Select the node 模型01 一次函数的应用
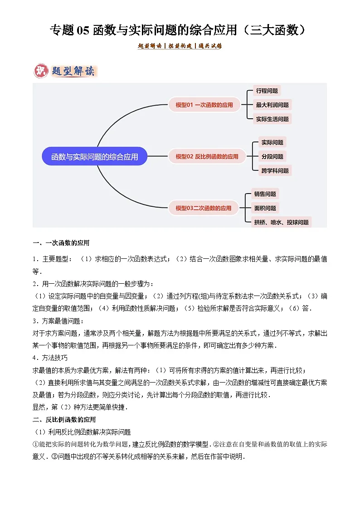(x=204, y=105)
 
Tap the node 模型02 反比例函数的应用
(x=206, y=156)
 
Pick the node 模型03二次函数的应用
(x=203, y=208)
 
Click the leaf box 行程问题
(x=267, y=91)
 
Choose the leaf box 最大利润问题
(x=272, y=105)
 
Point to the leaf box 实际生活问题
(x=272, y=119)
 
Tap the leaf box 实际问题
(x=272, y=142)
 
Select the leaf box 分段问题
(x=272, y=156)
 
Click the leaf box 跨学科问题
(x=275, y=171)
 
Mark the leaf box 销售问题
(x=265, y=194)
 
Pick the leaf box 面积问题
(x=265, y=208)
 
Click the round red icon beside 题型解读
(x=41, y=71)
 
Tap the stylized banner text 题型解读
(x=73, y=72)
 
